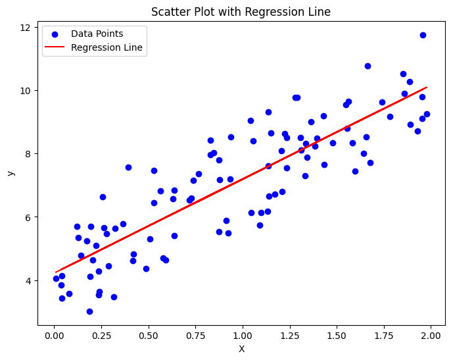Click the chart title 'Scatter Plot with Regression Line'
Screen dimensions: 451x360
click(241, 12)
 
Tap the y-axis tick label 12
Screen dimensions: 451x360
click(25, 28)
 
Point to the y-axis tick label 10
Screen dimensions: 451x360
click(25, 91)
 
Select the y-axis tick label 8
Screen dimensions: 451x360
click(28, 154)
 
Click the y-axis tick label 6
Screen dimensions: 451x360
click(28, 217)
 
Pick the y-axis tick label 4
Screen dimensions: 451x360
click(28, 280)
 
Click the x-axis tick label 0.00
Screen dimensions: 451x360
click(55, 336)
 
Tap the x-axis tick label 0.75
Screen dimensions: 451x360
click(196, 336)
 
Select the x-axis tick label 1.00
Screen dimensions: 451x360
click(243, 336)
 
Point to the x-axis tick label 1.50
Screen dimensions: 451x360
click(337, 336)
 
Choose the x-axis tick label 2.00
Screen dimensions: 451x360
click(431, 336)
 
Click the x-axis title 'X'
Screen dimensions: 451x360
click(242, 349)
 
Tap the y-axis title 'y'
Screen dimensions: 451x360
click(11, 173)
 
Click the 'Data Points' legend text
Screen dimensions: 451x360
click(97, 34)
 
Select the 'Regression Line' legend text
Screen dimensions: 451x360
click(107, 47)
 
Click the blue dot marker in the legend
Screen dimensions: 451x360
click(55, 35)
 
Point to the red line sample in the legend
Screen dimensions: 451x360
click(55, 47)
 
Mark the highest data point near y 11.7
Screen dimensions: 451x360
click(423, 35)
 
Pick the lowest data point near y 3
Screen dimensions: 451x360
click(89, 311)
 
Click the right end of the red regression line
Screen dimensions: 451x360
click(427, 87)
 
